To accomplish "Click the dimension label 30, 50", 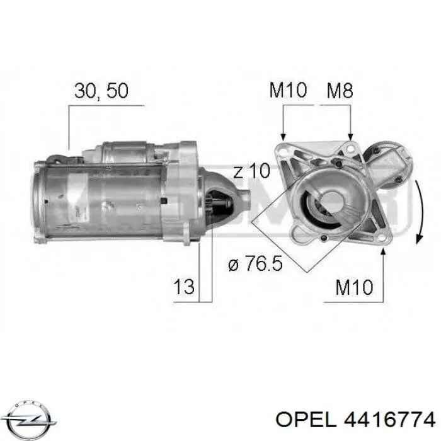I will [x=101, y=91].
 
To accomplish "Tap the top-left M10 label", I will [x=288, y=90].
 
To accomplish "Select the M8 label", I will [x=340, y=90].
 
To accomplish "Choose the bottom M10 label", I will [x=354, y=287].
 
